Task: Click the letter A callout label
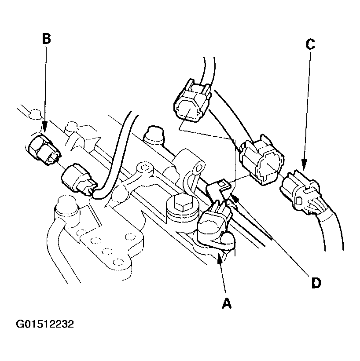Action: [226, 303]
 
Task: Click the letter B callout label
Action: [46, 38]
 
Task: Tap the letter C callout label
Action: [310, 44]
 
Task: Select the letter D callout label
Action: [316, 283]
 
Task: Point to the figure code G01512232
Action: [45, 324]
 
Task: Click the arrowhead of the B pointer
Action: [45, 127]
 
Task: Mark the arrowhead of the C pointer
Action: [304, 164]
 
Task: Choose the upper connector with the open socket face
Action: [192, 101]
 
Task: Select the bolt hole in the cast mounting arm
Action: [145, 168]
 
